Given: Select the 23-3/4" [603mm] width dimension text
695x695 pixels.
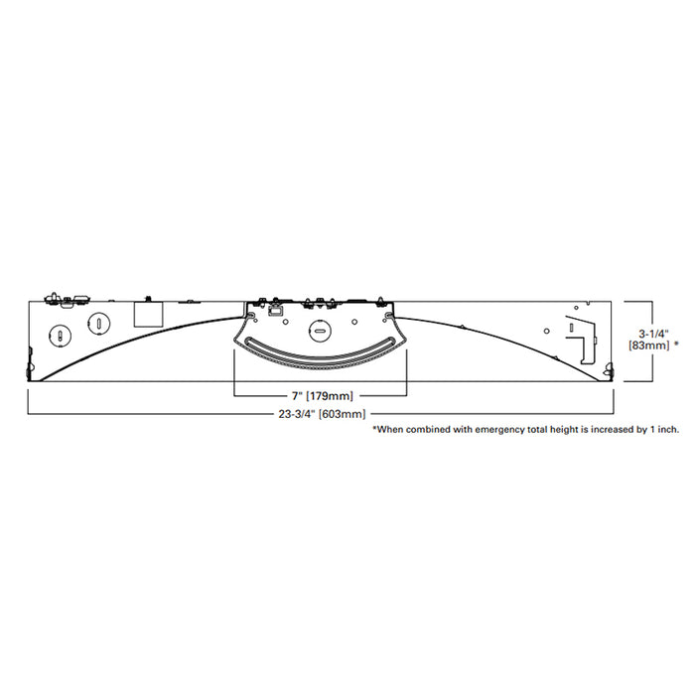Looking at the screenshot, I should tap(320, 414).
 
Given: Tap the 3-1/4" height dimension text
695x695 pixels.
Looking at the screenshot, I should tap(654, 333).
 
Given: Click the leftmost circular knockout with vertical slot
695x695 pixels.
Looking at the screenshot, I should tap(59, 334).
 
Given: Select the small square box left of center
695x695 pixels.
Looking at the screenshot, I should tap(148, 314).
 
